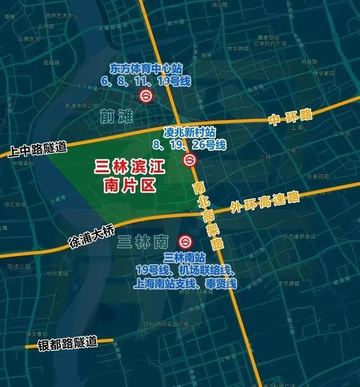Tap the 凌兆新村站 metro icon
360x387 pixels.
click(190, 161)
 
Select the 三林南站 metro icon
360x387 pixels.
click(184, 242)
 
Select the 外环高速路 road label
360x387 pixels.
click(264, 203)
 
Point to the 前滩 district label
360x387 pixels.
click(116, 116)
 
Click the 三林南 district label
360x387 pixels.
click(143, 243)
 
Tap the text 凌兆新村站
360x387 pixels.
click(190, 133)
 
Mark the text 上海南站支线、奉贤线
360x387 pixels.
click(186, 284)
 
